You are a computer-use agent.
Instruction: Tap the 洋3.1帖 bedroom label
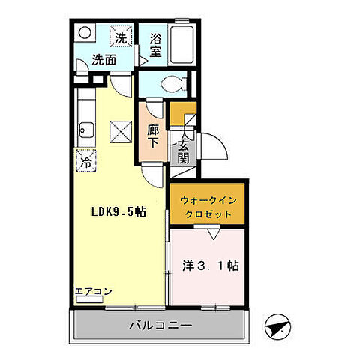point(211,265)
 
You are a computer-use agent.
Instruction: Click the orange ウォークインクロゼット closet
point(208,203)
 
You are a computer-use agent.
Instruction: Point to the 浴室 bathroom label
point(156,45)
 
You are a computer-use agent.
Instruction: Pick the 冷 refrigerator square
point(85,160)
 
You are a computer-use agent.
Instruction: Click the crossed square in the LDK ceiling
point(119,133)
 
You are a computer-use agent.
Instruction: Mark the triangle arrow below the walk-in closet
point(213,233)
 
